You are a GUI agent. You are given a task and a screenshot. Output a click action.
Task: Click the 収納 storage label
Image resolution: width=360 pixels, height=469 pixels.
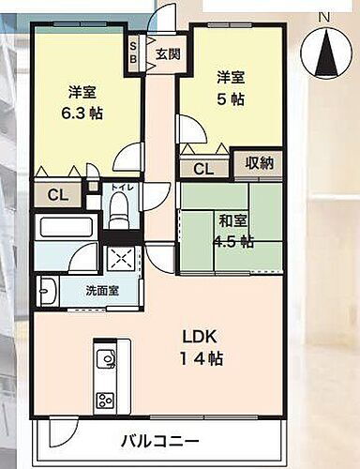pyautogui.click(x=259, y=162)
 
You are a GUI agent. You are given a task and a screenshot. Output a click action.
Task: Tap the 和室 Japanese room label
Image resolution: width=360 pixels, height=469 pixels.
pyautogui.click(x=232, y=221)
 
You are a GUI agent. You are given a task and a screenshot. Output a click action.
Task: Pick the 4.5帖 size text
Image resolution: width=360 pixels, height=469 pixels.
pyautogui.click(x=233, y=241)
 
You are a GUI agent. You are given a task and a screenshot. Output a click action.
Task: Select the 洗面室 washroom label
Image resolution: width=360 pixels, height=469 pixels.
pyautogui.click(x=102, y=291)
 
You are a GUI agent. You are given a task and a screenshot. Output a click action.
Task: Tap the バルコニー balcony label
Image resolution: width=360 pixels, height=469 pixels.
pyautogui.click(x=158, y=441)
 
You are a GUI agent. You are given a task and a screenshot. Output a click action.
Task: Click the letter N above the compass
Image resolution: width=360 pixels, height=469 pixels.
pyautogui.click(x=323, y=16)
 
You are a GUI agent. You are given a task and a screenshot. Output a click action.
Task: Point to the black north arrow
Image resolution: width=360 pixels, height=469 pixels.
pyautogui.click(x=323, y=52)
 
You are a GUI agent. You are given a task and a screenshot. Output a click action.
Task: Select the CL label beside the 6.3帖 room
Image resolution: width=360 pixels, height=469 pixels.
pyautogui.click(x=55, y=195)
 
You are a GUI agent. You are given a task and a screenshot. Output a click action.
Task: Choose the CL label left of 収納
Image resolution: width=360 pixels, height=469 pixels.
pyautogui.click(x=202, y=169)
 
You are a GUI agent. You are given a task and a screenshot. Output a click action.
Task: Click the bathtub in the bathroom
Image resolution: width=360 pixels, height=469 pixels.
pyautogui.click(x=65, y=228)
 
